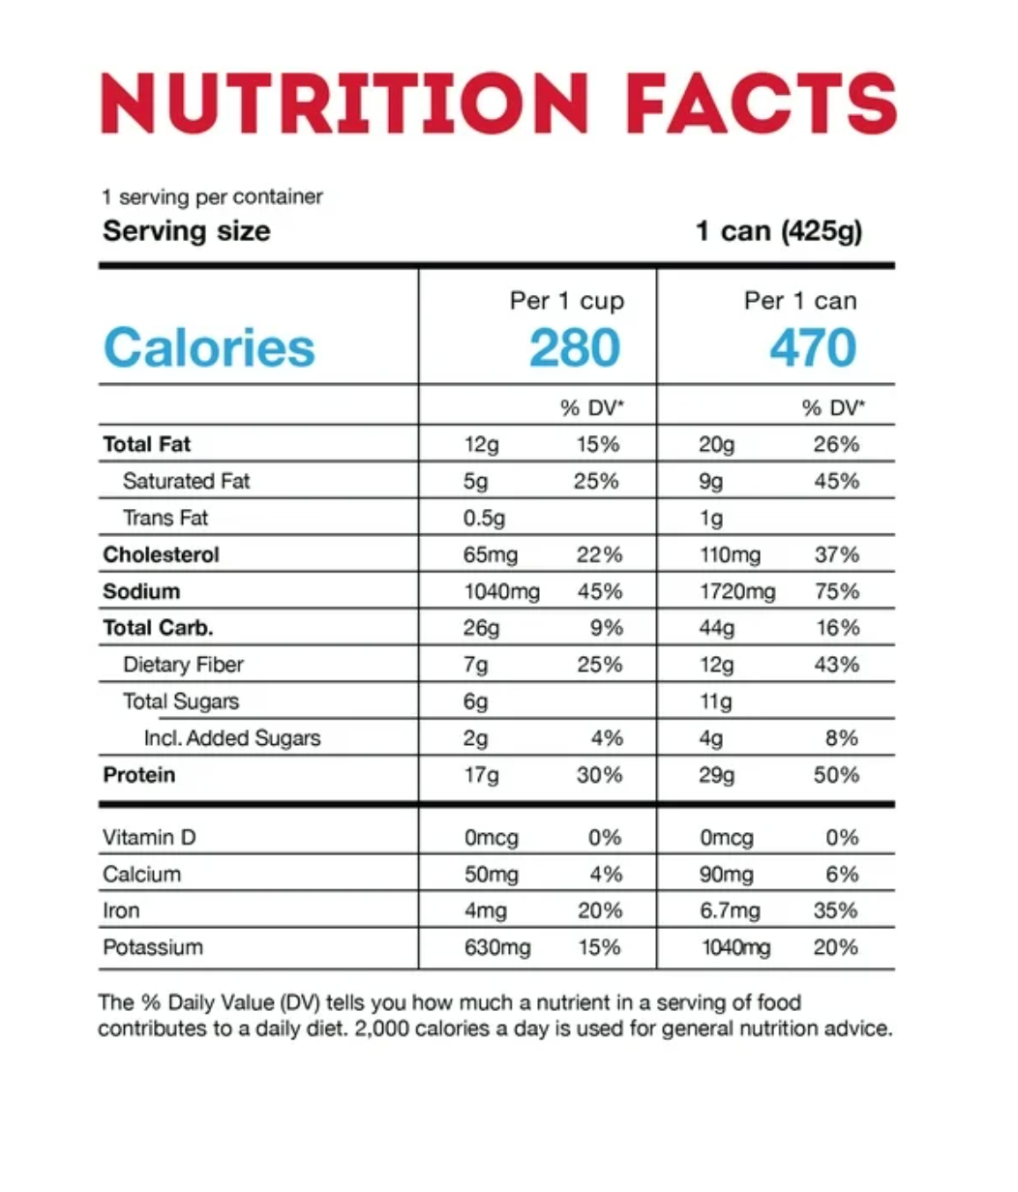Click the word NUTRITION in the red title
pos(344,104)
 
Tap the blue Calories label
pos(209,348)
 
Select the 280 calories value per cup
pos(575,348)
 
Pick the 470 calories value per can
pos(813,348)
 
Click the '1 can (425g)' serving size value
pos(779,232)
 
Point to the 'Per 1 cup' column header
pos(567,301)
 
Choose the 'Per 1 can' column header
pos(800,301)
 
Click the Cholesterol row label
pos(162,554)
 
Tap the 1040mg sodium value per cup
pos(501,592)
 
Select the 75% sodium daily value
pos(837,592)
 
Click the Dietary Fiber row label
pos(183,665)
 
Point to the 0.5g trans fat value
pos(484,519)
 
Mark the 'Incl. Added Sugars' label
pos(231,738)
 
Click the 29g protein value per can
pos(717,776)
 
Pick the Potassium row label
pos(153,947)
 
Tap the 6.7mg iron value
pos(730,911)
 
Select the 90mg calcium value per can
pos(726,875)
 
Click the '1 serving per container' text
pos(212,197)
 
